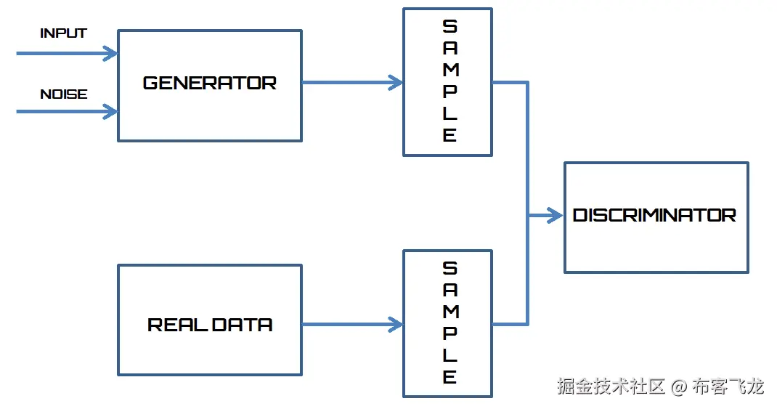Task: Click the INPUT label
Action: pos(63,33)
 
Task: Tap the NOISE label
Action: pos(63,94)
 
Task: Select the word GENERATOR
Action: pos(209,84)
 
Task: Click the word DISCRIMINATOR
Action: pos(654,216)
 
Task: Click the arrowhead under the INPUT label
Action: pos(110,53)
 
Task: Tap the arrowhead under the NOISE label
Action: pos(110,111)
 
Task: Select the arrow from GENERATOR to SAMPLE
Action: pos(352,82)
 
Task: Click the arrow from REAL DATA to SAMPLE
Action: pos(352,324)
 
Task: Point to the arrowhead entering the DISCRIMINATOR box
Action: pos(556,215)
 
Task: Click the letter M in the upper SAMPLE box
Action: pos(450,70)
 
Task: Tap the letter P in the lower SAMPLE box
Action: pos(450,333)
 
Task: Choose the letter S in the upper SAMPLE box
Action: pos(450,27)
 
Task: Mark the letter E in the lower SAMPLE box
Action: pos(450,377)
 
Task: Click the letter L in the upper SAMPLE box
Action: pos(450,114)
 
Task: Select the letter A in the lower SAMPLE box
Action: pos(450,290)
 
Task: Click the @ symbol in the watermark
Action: pos(678,386)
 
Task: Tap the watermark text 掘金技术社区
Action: pos(611,386)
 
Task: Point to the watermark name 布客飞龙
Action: pos(728,386)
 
